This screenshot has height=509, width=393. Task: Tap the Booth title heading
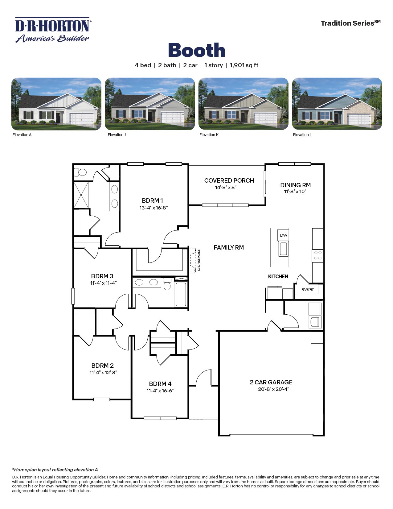coord(197,50)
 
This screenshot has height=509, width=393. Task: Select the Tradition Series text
coord(350,23)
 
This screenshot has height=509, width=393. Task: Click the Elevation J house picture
coord(150,104)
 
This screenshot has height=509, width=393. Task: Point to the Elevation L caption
coord(302,135)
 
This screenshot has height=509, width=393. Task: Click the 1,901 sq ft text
coord(244,65)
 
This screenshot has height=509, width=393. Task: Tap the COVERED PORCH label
coord(229,180)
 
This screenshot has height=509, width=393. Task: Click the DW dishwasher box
coord(283,235)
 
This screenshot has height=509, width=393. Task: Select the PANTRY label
coord(308,289)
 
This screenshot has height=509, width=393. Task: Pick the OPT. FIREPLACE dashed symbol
coord(193,260)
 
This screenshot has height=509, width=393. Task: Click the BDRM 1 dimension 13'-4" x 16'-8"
coord(153,208)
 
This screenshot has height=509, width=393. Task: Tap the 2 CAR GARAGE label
coord(271,382)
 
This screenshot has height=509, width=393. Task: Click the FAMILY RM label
coord(229,247)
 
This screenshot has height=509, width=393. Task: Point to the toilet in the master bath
coord(81,172)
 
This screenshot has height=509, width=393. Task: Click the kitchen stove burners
coord(317,255)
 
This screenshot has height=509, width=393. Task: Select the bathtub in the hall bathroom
coord(181,295)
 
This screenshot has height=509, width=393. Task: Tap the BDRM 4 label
coord(160,384)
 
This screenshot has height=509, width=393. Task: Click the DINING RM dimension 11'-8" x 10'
coord(295,192)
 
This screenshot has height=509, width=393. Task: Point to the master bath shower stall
coord(81,195)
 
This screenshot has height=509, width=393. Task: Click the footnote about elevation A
coord(55,470)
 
